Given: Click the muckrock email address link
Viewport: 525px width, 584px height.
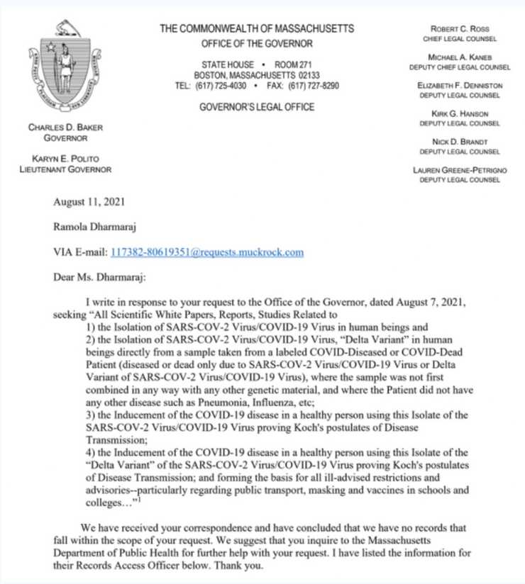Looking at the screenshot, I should point(207,252).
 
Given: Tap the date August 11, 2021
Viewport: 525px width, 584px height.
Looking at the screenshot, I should point(89,201).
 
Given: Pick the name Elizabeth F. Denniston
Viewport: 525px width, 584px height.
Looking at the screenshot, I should point(459,85).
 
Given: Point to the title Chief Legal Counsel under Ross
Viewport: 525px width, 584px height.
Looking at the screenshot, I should point(459,38).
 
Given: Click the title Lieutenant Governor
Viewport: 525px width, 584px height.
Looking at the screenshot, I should point(65,169).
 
